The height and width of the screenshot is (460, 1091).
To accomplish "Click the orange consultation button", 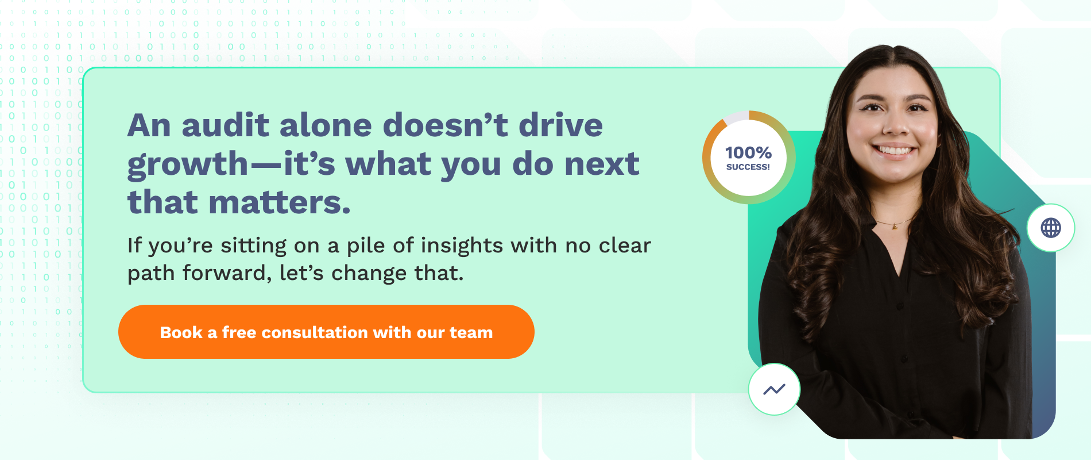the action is (326, 332).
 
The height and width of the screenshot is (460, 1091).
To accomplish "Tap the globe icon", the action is (1051, 228).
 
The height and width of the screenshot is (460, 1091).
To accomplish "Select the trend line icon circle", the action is (774, 389).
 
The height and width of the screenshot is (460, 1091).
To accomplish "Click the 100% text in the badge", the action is (748, 152).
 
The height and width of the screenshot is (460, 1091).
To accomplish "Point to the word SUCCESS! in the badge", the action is (748, 167).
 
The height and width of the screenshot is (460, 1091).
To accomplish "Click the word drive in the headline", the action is (560, 125).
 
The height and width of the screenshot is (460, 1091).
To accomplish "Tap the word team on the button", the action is (471, 332).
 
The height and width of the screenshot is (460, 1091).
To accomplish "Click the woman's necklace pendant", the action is (895, 227).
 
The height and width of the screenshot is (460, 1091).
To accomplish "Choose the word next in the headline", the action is (602, 164).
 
